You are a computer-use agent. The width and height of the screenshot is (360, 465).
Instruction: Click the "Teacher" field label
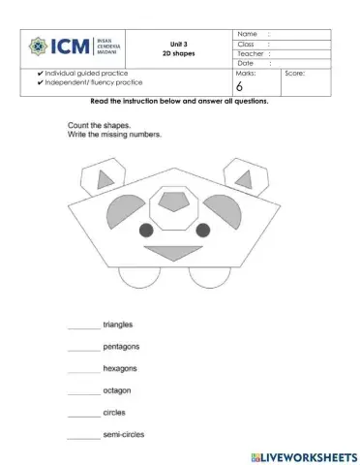[x=251, y=54]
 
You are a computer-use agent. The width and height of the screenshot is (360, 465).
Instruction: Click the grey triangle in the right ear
[x=238, y=178]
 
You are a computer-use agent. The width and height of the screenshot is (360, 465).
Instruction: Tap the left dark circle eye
[x=146, y=230]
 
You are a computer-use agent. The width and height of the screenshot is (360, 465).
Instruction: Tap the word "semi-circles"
[x=123, y=434]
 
